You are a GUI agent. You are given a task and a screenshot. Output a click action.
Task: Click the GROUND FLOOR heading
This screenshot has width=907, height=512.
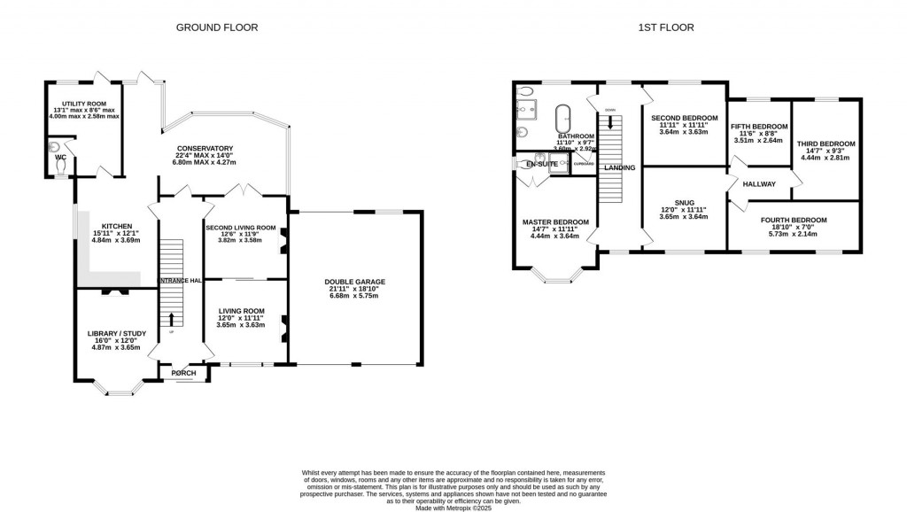(217, 27)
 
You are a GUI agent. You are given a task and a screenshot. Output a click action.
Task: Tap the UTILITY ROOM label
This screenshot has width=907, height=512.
(83, 104)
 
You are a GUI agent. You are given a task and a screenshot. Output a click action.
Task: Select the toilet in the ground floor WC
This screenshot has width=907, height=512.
(61, 165)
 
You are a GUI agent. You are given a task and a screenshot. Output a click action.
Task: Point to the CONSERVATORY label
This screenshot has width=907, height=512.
(205, 148)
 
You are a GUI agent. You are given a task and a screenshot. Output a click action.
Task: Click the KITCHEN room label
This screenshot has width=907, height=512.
(116, 226)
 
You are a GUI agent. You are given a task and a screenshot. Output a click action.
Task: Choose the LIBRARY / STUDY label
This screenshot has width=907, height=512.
(116, 333)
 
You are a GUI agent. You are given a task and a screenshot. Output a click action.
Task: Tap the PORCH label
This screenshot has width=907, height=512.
(184, 373)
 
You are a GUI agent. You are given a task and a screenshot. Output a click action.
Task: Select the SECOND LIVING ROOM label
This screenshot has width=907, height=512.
(241, 228)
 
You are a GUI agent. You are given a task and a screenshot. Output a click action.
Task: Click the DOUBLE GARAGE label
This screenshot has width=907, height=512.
(353, 282)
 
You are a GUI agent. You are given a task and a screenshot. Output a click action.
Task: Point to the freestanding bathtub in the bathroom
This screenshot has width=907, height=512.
(562, 120)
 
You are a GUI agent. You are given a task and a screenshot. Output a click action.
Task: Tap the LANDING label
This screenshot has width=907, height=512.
(620, 167)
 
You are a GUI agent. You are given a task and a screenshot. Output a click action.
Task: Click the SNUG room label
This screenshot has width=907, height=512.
(684, 202)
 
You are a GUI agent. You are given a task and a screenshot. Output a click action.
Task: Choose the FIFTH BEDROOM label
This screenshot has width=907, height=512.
(759, 126)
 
